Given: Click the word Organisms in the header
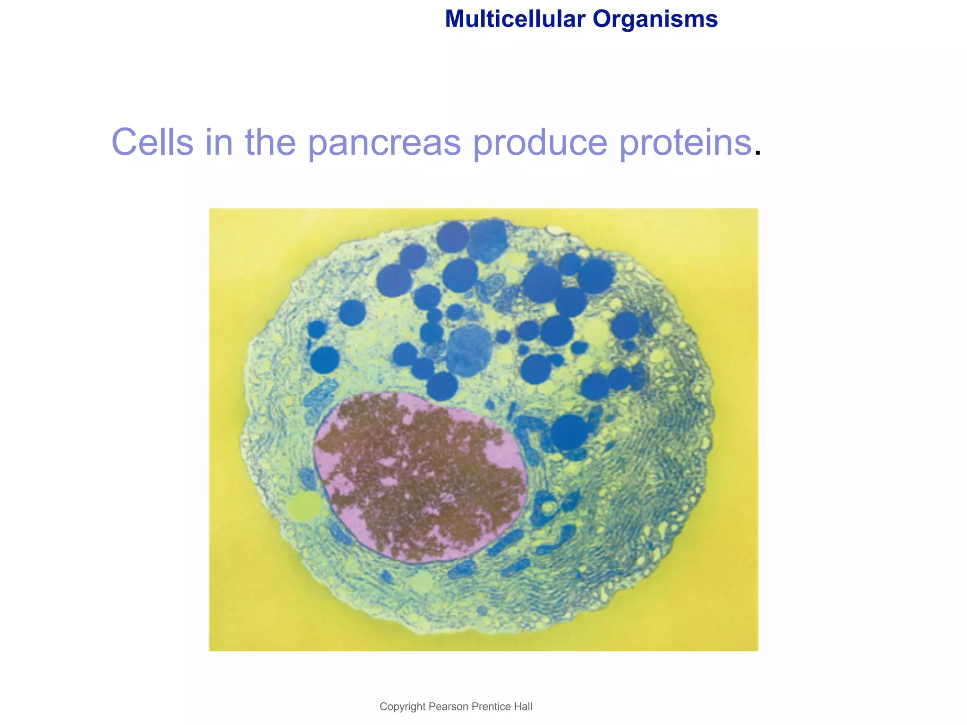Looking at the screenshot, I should (655, 19).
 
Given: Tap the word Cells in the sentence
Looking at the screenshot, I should (152, 142).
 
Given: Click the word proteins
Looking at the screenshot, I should (685, 143).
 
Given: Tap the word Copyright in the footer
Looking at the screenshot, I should (402, 707).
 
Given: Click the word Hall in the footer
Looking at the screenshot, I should (523, 707).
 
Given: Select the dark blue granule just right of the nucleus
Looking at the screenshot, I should (568, 432).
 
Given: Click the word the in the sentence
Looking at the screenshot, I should (270, 142).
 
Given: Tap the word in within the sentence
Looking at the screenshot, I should (219, 142).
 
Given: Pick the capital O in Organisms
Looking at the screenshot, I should (602, 19).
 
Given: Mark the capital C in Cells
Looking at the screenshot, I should (126, 142).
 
